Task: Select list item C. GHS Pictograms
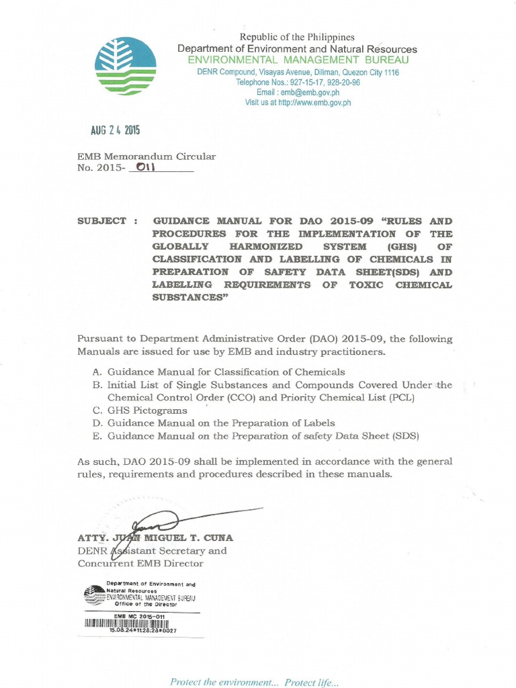point(140,410)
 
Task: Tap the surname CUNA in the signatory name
point(218,538)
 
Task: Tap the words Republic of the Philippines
point(297,38)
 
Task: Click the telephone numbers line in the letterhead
point(298,82)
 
